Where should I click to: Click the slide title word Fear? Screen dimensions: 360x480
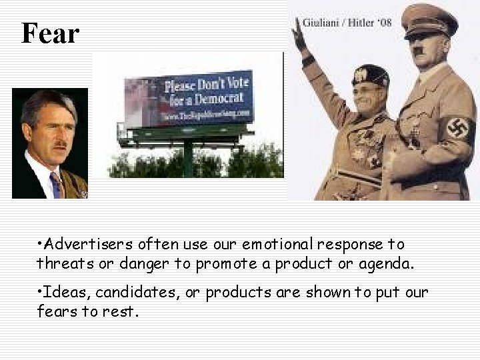(50, 33)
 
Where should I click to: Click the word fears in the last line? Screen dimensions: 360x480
(58, 311)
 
